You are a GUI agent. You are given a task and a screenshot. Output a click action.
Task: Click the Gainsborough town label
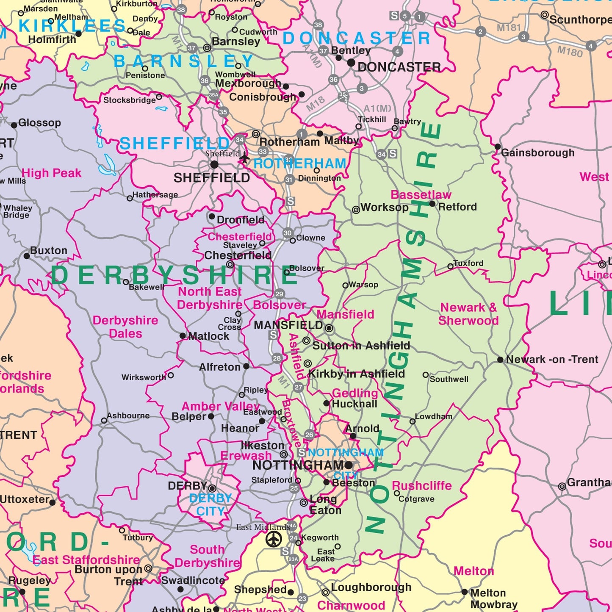click(x=537, y=153)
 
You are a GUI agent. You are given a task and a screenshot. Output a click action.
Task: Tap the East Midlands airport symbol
click(x=274, y=539)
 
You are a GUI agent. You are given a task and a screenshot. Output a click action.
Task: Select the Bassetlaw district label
click(x=421, y=195)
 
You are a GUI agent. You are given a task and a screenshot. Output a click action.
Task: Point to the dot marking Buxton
click(x=27, y=256)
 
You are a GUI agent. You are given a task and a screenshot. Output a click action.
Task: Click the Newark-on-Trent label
click(x=552, y=360)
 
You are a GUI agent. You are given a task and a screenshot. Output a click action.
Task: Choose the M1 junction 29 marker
click(x=279, y=294)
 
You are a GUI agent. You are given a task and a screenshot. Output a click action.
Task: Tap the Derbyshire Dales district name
click(x=125, y=327)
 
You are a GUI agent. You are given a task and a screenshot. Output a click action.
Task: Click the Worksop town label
click(x=384, y=208)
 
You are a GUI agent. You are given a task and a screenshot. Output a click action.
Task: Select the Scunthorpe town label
click(x=580, y=19)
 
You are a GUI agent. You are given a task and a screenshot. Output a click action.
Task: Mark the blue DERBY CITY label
click(x=210, y=504)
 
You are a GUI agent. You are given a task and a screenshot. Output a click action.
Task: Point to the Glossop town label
click(x=39, y=123)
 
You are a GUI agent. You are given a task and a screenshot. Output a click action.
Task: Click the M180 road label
click(x=570, y=52)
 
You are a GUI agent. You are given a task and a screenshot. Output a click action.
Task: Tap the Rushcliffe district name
click(x=422, y=486)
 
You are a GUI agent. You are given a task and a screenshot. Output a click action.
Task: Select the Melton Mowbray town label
click(x=493, y=598)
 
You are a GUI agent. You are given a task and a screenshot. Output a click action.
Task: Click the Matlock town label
click(x=208, y=336)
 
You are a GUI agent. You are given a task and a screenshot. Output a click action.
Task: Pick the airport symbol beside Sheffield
click(x=244, y=158)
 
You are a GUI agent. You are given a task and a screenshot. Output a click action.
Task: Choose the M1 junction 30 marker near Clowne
click(x=288, y=233)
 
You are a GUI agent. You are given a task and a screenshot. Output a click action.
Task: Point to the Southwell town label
click(x=449, y=379)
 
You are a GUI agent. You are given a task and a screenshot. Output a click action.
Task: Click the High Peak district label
click(x=52, y=173)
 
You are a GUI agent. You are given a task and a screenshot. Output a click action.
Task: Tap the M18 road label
click(x=316, y=103)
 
